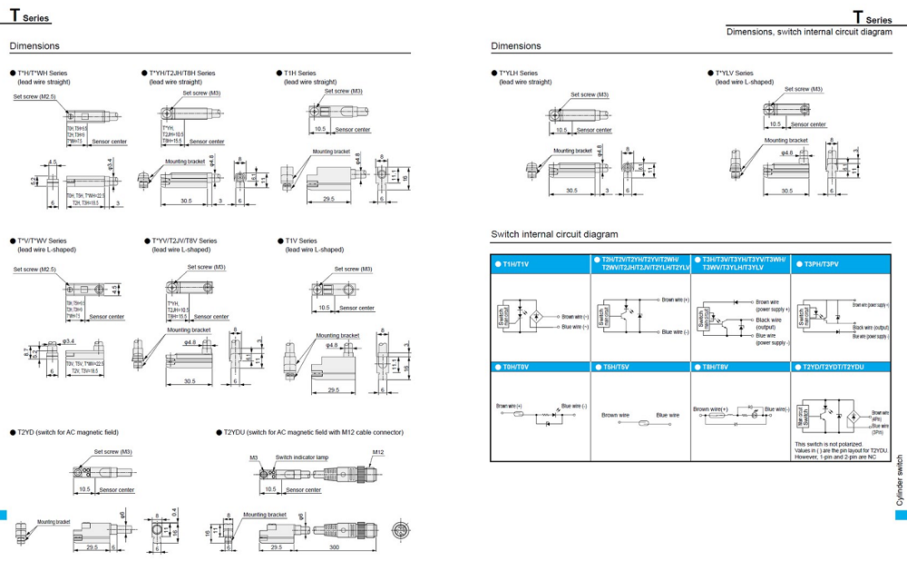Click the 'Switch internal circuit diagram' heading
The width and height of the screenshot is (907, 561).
coord(555,234)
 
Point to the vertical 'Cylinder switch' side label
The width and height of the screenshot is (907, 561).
coord(900,480)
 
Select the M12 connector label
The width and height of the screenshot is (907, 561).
coord(378,452)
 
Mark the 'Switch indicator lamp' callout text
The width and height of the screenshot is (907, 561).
coord(302,458)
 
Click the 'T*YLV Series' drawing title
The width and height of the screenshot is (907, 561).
coord(734,74)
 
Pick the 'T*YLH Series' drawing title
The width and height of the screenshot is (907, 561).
coord(518,74)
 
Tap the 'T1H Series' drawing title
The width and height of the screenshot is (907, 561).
coord(300,74)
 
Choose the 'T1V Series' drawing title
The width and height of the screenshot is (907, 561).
coord(301,241)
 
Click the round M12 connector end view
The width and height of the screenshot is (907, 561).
coord(398,530)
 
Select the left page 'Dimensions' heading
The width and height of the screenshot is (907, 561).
coord(34,46)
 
